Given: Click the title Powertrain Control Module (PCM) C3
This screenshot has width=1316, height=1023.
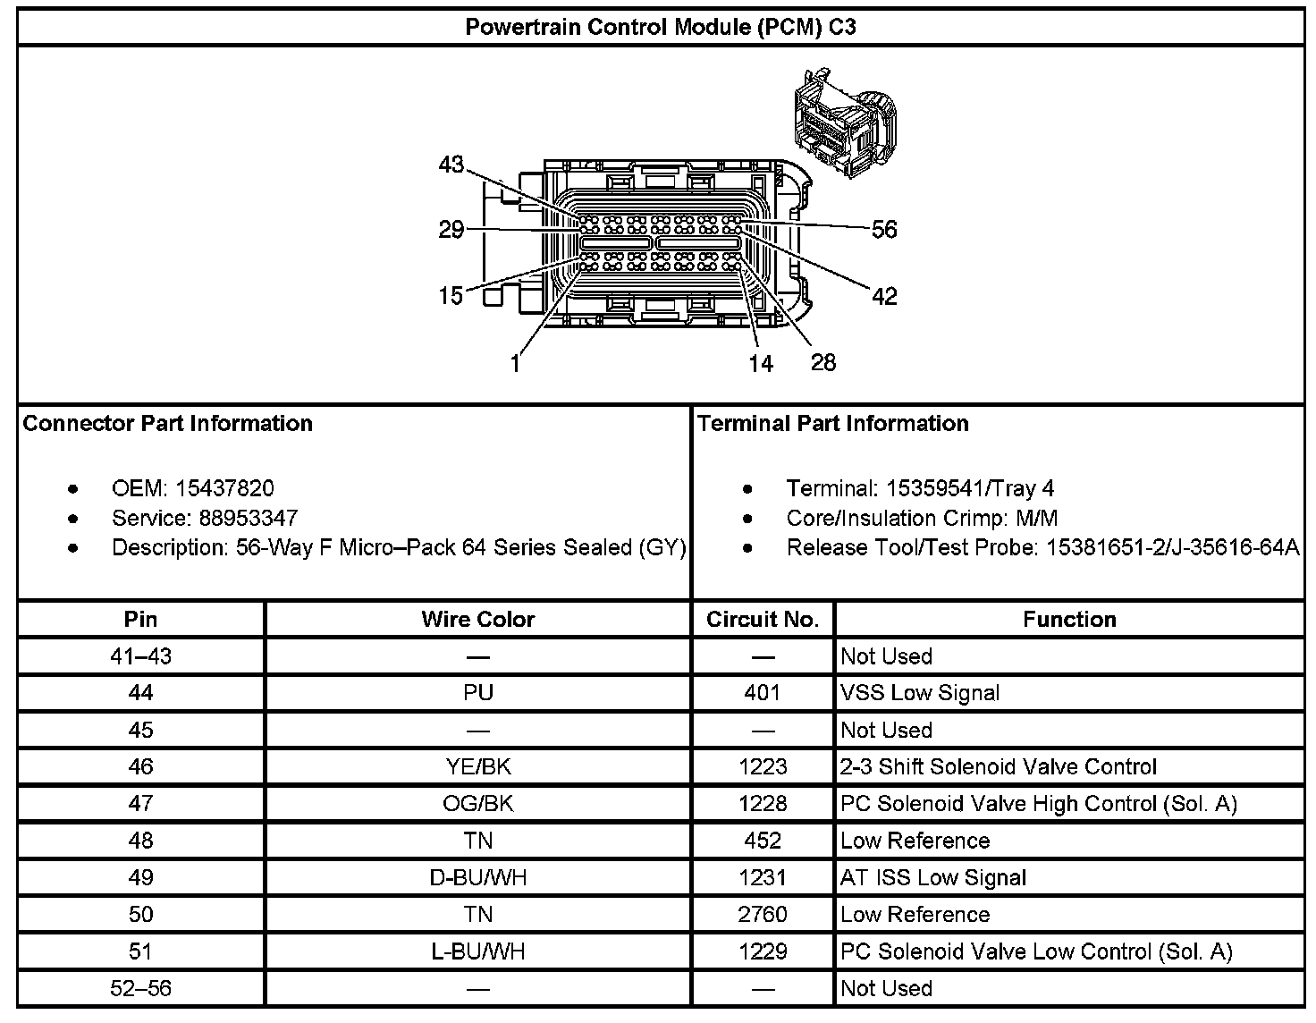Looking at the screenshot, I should pos(660,27).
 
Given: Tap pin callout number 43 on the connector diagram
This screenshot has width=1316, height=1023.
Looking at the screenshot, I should pos(451,165).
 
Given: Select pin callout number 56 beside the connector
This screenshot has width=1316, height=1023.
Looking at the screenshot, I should pos(883,230).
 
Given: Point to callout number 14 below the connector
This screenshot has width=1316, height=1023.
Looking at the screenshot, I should pos(760,363).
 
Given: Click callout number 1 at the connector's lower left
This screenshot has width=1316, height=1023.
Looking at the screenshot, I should pos(515,364).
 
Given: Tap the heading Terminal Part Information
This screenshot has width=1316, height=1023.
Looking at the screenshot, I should pos(832,423).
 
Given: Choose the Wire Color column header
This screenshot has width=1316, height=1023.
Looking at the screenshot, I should pos(477,619).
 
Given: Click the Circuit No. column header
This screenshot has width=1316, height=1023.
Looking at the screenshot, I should pos(762,619).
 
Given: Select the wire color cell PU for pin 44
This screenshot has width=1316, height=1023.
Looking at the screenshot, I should pos(477,693).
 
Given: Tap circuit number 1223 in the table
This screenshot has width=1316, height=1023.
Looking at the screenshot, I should pos(762,766).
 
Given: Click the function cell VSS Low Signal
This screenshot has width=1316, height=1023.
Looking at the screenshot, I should pos(919,693).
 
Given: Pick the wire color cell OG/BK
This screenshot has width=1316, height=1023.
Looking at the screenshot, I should pos(477,803).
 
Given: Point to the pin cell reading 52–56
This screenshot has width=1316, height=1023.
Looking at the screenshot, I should pos(140,988).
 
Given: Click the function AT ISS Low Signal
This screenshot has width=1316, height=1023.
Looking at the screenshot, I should pos(932,877).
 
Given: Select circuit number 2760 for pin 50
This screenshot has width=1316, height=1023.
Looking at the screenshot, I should pos(762,914).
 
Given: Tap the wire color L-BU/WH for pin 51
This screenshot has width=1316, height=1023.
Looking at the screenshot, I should pos(477,951).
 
